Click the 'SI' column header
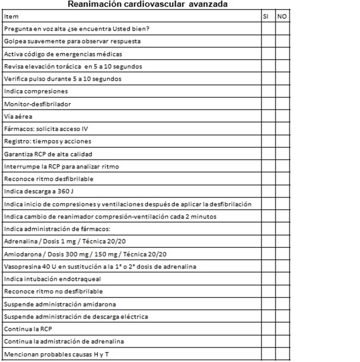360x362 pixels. click(x=265, y=16)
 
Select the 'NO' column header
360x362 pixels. click(x=282, y=16)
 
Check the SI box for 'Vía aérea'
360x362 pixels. click(x=268, y=116)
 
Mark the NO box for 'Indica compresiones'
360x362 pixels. click(x=282, y=91)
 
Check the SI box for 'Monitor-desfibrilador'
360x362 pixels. click(x=268, y=104)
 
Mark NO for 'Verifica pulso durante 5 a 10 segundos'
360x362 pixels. click(x=282, y=79)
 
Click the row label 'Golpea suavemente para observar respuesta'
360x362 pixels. click(x=72, y=41)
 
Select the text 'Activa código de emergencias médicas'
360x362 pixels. click(x=63, y=54)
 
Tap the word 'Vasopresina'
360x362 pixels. click(x=20, y=267)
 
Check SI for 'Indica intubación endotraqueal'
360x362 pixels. click(x=268, y=279)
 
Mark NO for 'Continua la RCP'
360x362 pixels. click(x=282, y=329)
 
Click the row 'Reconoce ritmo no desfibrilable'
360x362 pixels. click(x=53, y=291)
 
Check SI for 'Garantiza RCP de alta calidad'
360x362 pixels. click(x=268, y=154)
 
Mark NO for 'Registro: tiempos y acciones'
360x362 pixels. click(x=282, y=141)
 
